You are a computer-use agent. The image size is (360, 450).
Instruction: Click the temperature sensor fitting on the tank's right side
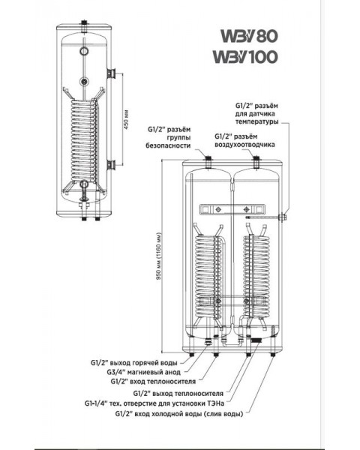[x=284, y=218]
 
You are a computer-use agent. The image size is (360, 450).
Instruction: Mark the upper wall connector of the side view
[x=111, y=73]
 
